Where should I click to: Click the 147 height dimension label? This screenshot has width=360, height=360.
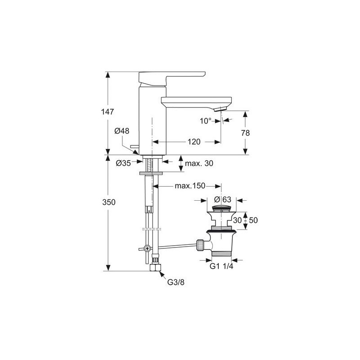pos(108,112)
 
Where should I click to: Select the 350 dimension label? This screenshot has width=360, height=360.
pos(109,202)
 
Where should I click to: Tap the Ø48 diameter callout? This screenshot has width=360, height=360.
pos(121,131)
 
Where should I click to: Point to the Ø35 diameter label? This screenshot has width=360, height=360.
pos(123,163)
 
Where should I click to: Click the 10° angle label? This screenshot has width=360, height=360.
pos(206,121)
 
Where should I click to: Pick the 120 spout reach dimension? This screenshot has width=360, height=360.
pos(194,142)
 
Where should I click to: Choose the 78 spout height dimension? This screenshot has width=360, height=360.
pos(245,133)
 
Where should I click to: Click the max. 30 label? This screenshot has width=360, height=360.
pos(199,163)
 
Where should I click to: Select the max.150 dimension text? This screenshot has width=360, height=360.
pos(190,186)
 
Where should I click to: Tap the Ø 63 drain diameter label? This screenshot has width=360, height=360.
pos(222,199)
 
